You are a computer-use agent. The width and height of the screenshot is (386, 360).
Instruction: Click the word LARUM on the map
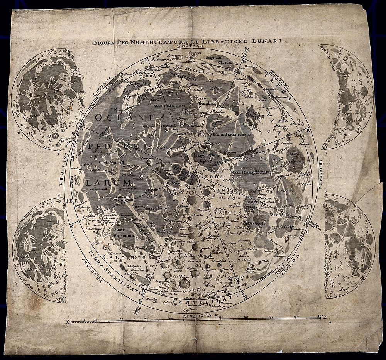[x=103, y=182]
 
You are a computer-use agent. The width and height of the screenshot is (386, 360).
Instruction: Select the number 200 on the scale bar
[x=319, y=316]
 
